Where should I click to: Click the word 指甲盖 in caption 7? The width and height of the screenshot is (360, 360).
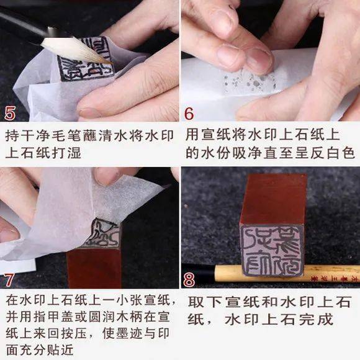pos(74,317)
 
